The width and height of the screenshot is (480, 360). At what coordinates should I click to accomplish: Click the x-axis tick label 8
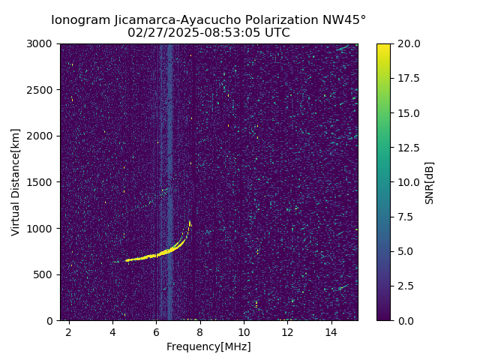[x=200, y=331]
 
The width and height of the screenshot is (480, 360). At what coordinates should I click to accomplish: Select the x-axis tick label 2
[x=69, y=331]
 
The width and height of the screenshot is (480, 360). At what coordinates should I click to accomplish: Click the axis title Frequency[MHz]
[x=208, y=346]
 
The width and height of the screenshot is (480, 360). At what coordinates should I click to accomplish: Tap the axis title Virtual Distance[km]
[x=16, y=182]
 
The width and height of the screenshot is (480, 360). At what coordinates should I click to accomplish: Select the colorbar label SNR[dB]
[x=430, y=182]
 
